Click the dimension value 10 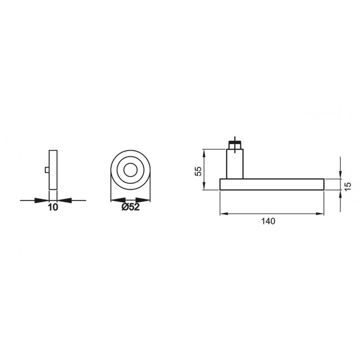click(x=53, y=207)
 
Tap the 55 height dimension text click(x=198, y=170)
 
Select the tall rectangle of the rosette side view click(x=53, y=170)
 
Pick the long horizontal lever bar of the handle click(x=271, y=184)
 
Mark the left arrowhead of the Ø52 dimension click(x=114, y=199)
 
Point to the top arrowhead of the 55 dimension click(x=204, y=152)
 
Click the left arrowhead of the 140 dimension click(x=224, y=213)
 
